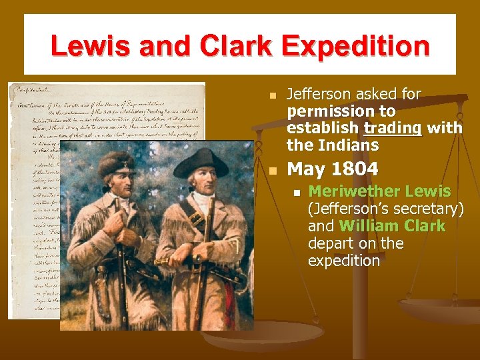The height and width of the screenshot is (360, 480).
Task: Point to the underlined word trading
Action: click(x=393, y=127)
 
